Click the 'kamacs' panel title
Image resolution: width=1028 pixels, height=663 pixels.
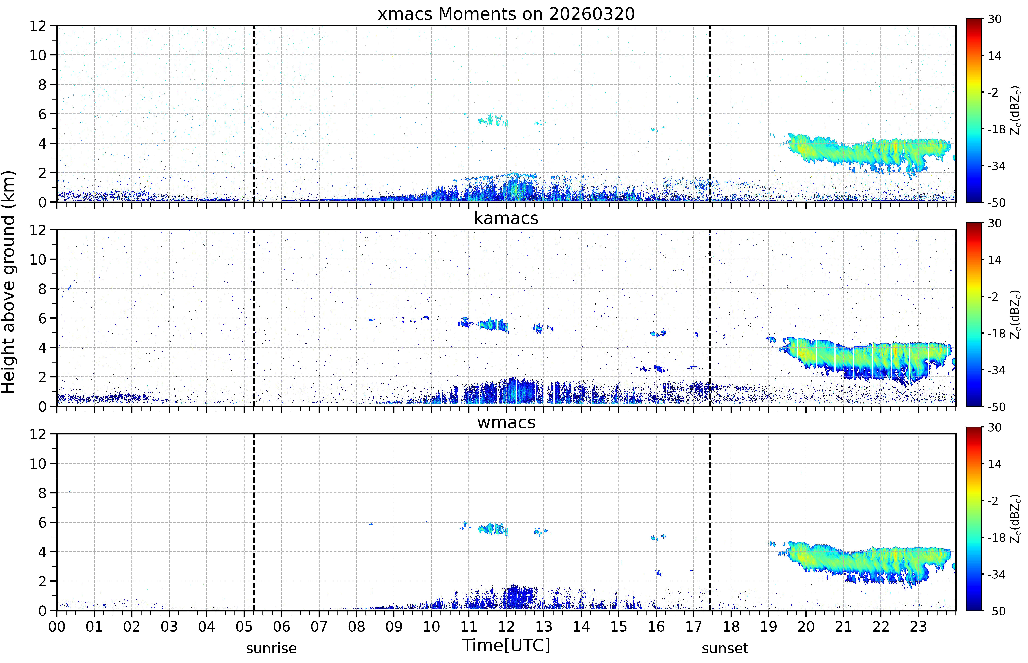coord(506,218)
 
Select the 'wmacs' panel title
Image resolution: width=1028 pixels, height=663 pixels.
coord(506,422)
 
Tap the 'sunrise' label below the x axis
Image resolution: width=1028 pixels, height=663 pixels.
coord(271,648)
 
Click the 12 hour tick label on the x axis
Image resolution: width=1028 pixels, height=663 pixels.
coord(506,626)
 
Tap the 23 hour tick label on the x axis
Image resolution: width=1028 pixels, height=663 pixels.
coord(918,626)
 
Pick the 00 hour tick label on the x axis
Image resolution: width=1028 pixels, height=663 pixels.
coord(57,626)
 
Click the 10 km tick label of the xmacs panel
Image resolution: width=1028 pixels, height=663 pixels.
coord(38,55)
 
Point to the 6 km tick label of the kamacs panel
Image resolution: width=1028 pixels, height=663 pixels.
coord(42,318)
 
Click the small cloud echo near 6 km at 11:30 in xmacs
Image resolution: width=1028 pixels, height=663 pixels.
coord(493,120)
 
